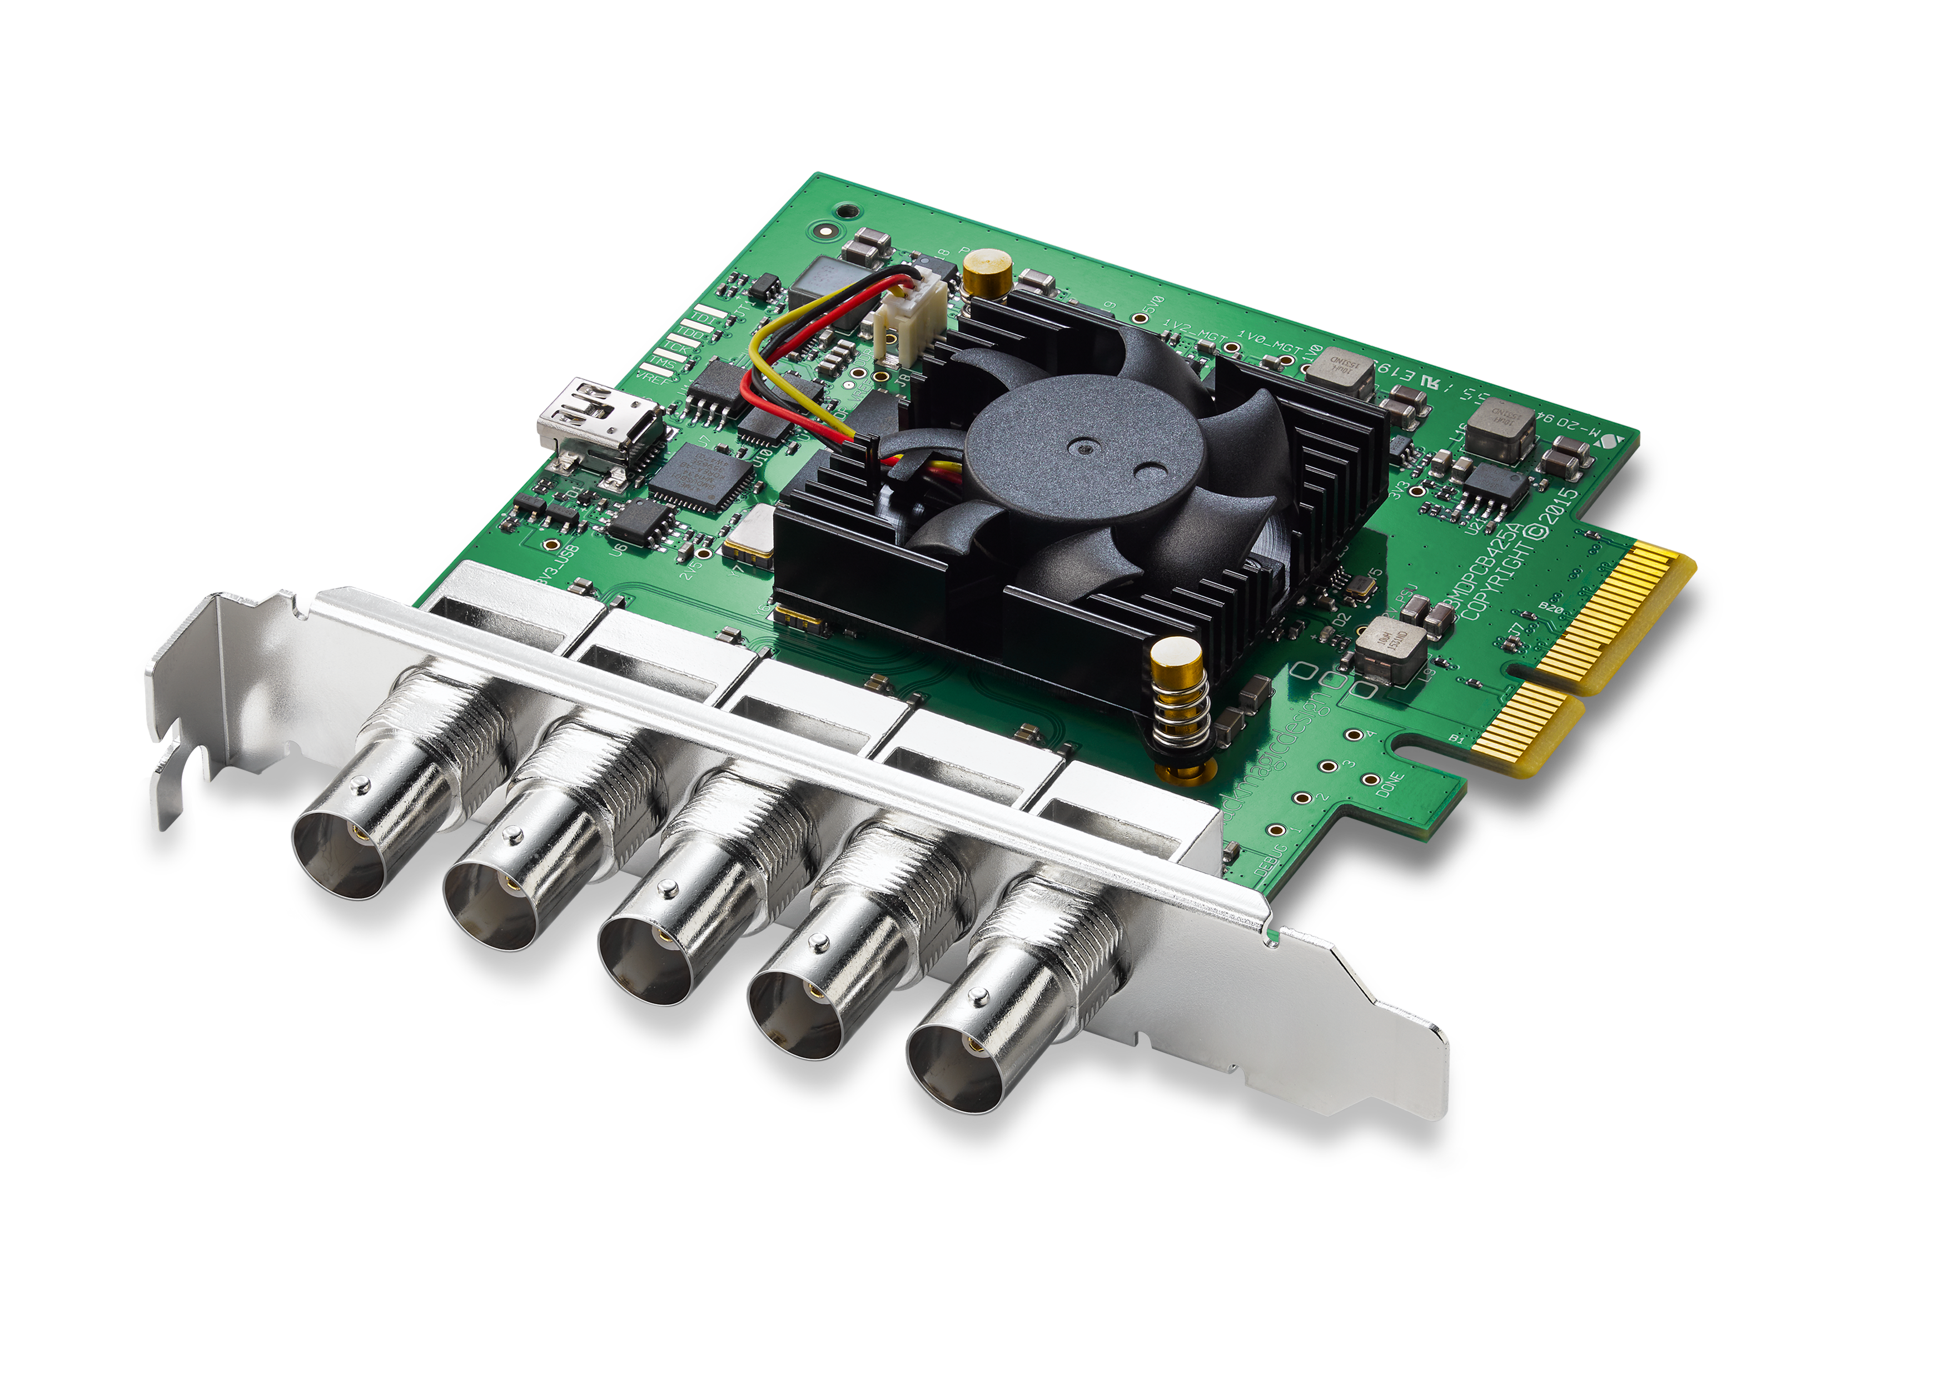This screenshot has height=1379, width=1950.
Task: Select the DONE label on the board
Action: click(x=1390, y=783)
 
